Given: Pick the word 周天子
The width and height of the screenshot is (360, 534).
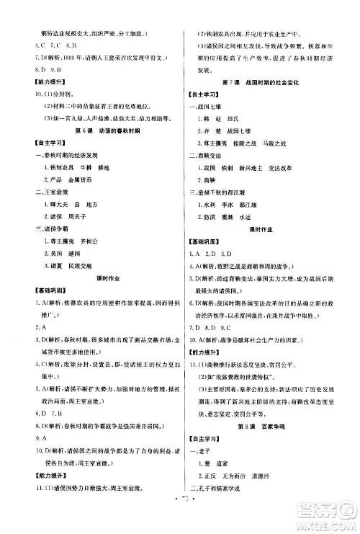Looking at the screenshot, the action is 78,217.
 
